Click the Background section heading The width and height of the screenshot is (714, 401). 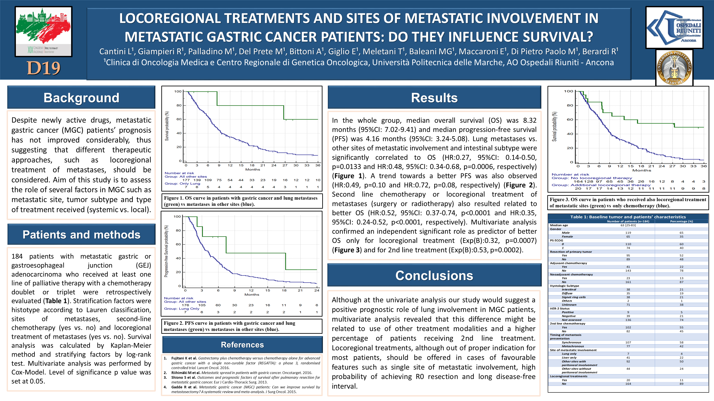pos(81,98)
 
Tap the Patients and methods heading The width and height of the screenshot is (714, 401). pos(81,234)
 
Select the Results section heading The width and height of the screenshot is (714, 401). pos(434,98)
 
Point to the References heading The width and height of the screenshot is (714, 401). pos(242,344)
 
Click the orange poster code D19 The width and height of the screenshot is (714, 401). pos(44,68)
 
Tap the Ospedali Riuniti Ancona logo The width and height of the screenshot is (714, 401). pos(674,28)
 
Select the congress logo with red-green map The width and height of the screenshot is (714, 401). pos(44,31)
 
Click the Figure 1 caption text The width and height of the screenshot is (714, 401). pos(241,201)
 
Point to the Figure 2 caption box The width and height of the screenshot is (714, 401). pos(241,326)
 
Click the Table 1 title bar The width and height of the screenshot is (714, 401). pos(628,217)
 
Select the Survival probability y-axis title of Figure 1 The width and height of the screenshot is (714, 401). pos(167,126)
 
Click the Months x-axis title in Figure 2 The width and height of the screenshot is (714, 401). pos(252,295)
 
